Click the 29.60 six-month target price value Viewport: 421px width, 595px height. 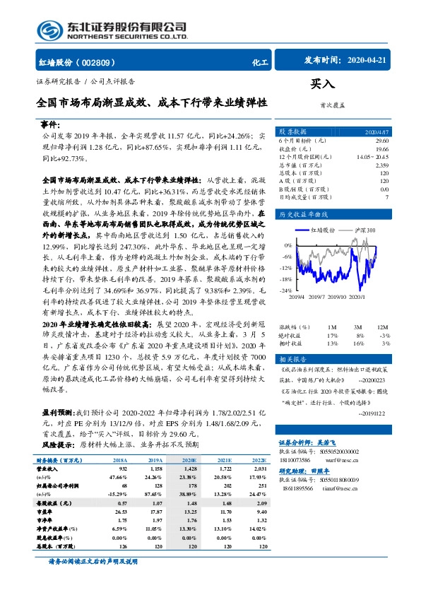pyautogui.click(x=379, y=142)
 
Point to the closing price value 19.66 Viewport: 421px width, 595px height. pyautogui.click(x=379, y=149)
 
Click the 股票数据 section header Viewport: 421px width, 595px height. pyautogui.click(x=292, y=132)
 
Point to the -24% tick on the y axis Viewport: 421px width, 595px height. pyautogui.click(x=285, y=290)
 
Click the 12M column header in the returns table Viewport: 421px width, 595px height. pyautogui.click(x=382, y=327)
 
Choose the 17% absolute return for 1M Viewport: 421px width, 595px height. pyautogui.click(x=333, y=335)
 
